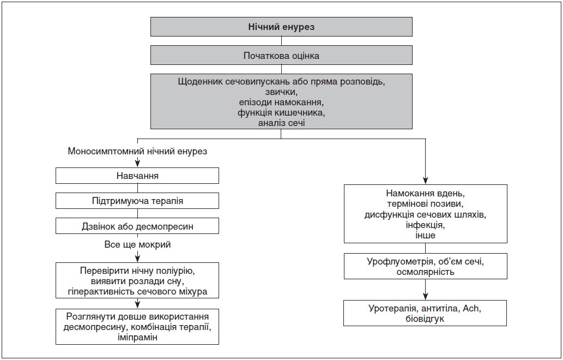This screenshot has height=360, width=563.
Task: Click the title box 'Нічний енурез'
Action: (281, 27)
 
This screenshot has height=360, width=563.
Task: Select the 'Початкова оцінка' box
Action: (281, 55)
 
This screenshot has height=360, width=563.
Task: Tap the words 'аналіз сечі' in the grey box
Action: (281, 123)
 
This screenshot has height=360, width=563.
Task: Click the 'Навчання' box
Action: (137, 176)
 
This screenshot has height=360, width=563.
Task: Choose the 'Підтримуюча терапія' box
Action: (137, 201)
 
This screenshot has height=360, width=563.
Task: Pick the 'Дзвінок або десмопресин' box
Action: (137, 226)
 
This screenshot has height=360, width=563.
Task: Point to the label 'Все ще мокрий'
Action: (137, 245)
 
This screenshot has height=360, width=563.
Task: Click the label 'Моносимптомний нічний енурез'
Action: (137, 151)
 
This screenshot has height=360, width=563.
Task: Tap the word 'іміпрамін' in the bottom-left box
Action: (137, 338)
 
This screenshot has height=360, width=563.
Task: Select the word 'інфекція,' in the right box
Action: (426, 225)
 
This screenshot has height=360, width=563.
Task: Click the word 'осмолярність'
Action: (426, 272)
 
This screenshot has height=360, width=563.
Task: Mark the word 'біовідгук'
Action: (425, 319)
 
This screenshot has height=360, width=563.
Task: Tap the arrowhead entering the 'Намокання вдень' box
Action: (426, 181)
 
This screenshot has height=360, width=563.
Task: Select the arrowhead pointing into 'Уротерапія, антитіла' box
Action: (426, 296)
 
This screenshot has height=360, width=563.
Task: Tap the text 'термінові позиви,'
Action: (426, 203)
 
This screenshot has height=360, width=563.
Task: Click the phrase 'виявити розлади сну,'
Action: (137, 280)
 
